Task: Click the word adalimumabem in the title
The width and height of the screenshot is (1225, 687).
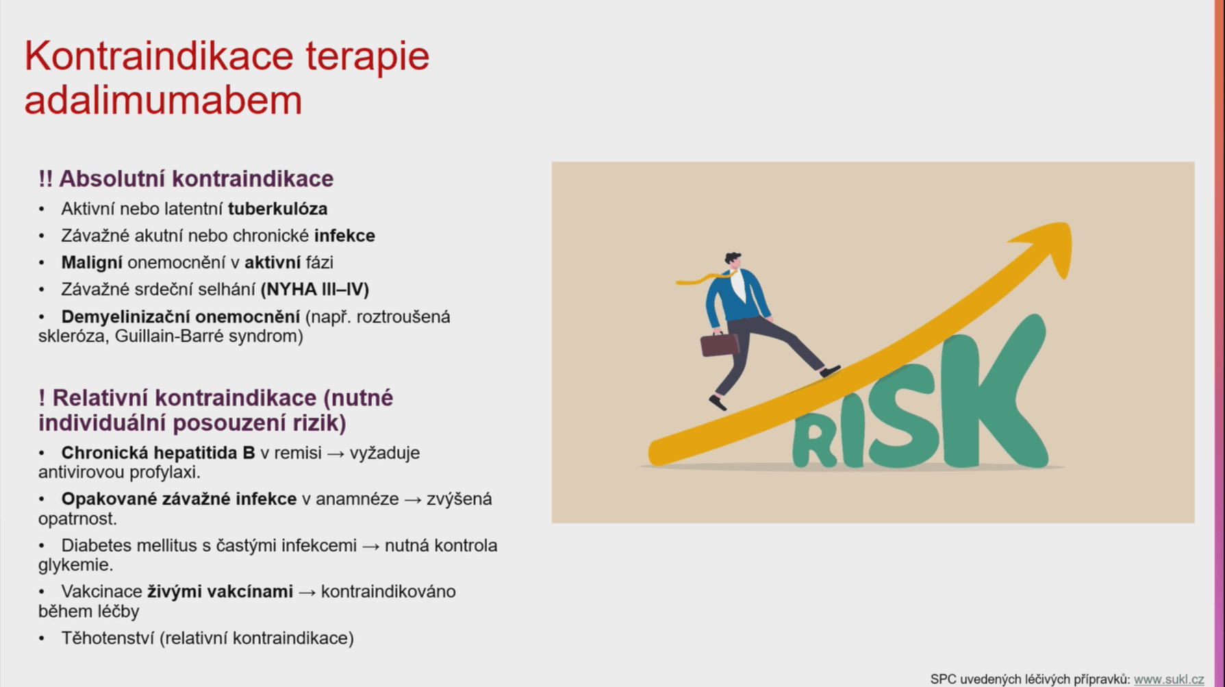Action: click(163, 100)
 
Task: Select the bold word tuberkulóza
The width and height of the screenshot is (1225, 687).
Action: click(278, 208)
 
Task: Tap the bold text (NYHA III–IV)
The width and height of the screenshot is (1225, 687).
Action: click(315, 289)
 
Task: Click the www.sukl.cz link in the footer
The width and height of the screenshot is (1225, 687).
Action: click(1169, 679)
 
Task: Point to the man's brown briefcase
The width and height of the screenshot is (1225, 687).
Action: click(719, 344)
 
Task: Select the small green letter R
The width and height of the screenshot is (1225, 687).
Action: click(815, 442)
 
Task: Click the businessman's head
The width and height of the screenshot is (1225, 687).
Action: click(733, 262)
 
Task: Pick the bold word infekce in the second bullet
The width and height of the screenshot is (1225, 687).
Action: click(344, 236)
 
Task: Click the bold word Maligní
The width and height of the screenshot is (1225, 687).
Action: click(92, 262)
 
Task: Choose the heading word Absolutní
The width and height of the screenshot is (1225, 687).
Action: click(110, 179)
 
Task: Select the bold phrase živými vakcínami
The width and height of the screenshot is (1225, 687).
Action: click(220, 591)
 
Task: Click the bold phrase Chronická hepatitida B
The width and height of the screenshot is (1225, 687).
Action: click(158, 453)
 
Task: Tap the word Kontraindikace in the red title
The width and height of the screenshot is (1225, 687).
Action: click(159, 55)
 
